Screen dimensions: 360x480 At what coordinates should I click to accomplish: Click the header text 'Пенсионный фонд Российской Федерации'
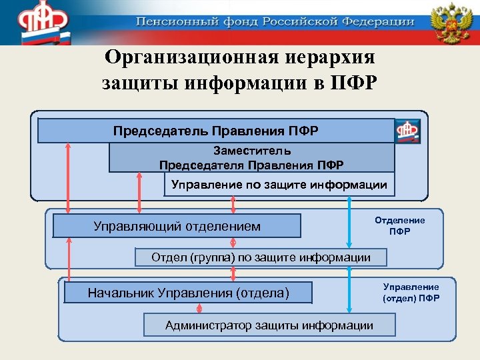pyautogui.click(x=275, y=21)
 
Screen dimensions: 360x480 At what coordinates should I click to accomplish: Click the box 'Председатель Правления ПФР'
pyautogui.click(x=215, y=131)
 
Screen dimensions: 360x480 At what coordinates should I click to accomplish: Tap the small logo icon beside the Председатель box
pyautogui.click(x=408, y=131)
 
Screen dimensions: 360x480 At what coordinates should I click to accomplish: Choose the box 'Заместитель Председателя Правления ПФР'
pyautogui.click(x=251, y=158)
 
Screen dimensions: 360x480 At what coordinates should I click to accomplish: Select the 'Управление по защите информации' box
pyautogui.click(x=279, y=185)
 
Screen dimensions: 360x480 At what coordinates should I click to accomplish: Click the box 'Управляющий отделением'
pyautogui.click(x=177, y=226)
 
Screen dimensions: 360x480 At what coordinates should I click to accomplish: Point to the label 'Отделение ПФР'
pyautogui.click(x=399, y=225)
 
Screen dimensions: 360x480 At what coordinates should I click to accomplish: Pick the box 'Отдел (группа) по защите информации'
pyautogui.click(x=261, y=257)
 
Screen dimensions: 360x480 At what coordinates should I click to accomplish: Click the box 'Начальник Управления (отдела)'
pyautogui.click(x=188, y=292)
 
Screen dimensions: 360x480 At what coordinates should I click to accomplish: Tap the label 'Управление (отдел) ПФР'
pyautogui.click(x=411, y=292)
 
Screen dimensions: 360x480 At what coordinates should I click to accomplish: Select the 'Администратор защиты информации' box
pyautogui.click(x=269, y=325)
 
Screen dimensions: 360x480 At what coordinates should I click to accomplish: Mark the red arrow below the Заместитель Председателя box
pyautogui.click(x=139, y=193)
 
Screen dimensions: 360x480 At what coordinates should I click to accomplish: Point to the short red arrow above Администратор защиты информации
pyautogui.click(x=200, y=309)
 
